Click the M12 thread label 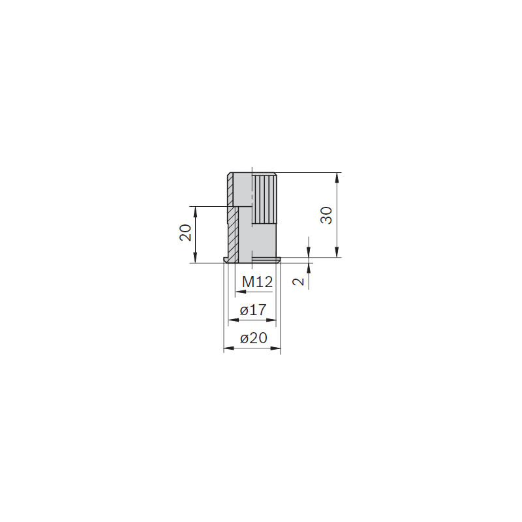coord(257,282)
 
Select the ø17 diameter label coord(253,311)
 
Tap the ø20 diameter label coord(254,338)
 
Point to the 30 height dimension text coord(326,215)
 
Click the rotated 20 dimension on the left coord(185,232)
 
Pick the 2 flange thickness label coord(298,282)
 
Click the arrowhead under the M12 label coord(240,292)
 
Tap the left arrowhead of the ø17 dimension coord(234,320)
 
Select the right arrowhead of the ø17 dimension coord(271,320)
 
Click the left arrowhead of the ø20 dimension coord(229,348)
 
